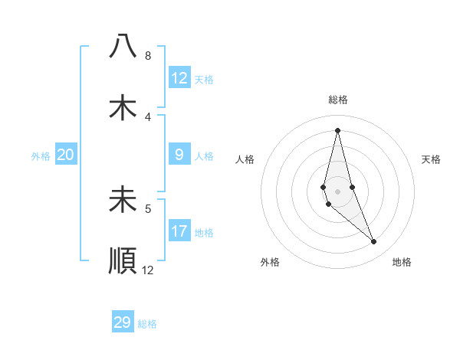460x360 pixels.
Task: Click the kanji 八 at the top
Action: coord(123,47)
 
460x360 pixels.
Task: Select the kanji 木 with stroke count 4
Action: coord(123,107)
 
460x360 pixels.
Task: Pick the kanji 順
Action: coord(123,260)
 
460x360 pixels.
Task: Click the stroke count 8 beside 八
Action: coord(147,56)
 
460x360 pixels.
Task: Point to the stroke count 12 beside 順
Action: coord(148,270)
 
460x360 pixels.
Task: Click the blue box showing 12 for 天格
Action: coord(179,78)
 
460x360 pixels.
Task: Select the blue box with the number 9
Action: coord(179,155)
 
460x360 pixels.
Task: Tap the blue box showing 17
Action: coord(179,231)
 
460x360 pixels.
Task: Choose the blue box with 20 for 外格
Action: coord(66,155)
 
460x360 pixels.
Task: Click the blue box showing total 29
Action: coord(123,322)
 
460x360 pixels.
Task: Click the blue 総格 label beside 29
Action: coord(147,324)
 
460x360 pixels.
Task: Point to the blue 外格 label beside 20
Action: coord(41,156)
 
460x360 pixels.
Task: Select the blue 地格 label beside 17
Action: coord(204,233)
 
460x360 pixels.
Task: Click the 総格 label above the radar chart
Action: coord(338,100)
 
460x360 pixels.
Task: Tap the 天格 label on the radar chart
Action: coord(431,159)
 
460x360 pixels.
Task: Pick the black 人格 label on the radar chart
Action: coord(245,159)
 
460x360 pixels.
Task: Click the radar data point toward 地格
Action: coord(374,242)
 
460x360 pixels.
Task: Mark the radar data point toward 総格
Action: coord(337,129)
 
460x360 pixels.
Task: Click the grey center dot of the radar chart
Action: coord(337,191)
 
